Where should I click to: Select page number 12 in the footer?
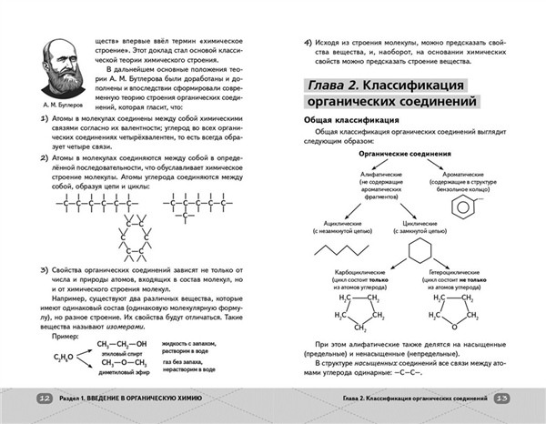(x=44, y=399)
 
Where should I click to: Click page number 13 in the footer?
(x=503, y=399)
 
